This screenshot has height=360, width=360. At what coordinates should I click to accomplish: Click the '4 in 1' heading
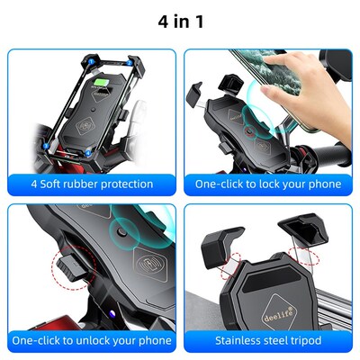pyautogui.click(x=180, y=19)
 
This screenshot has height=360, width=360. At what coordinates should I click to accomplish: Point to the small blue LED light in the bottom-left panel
pyautogui.click(x=106, y=314)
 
